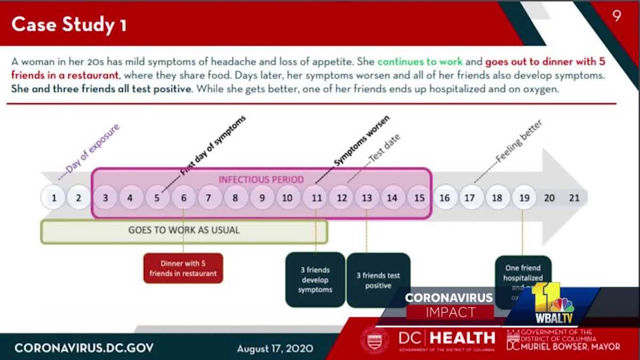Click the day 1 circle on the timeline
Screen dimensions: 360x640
[54, 198]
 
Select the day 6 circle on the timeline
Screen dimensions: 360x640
[183, 198]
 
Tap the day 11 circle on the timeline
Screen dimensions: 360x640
[316, 198]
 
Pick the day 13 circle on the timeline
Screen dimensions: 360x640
[367, 198]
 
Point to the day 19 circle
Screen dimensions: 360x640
[524, 198]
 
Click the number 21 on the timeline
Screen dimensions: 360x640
[574, 198]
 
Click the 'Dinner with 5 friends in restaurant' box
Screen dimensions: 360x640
[183, 268]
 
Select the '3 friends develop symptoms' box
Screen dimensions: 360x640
[315, 279]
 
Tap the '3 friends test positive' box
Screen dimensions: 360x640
[378, 280]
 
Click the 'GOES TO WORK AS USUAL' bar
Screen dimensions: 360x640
[184, 230]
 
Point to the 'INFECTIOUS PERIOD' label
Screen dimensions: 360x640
[261, 180]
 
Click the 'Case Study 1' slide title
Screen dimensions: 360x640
[69, 25]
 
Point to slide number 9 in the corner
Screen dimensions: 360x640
[617, 16]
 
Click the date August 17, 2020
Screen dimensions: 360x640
[275, 349]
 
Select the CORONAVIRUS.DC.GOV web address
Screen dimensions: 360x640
[84, 348]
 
